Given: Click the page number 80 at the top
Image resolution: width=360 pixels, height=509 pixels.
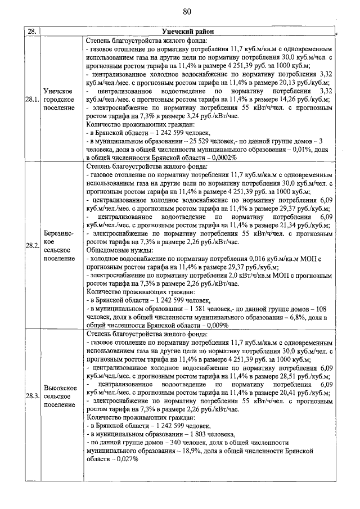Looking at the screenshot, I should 187,12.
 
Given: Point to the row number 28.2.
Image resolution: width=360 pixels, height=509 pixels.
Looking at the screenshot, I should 31,246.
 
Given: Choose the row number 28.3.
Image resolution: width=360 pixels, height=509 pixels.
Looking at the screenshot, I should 31,396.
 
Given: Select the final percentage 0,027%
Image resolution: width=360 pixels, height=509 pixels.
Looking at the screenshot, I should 126,460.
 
